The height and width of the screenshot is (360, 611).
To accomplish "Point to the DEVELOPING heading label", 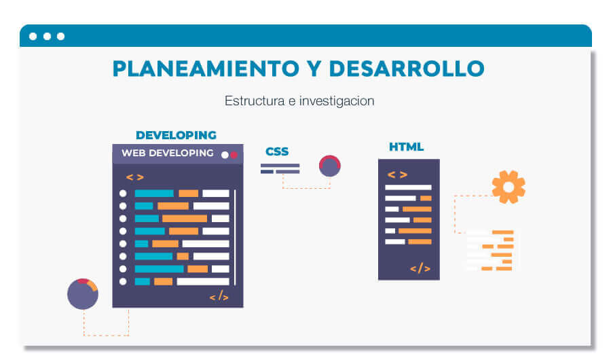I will (x=176, y=135).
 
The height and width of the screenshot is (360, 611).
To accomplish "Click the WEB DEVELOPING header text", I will (x=167, y=154).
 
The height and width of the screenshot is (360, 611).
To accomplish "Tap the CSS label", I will (x=277, y=151).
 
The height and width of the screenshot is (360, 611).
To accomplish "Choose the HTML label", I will (x=406, y=147).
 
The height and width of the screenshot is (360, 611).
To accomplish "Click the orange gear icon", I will (x=508, y=187).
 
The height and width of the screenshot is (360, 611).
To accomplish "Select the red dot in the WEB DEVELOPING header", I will (x=234, y=155).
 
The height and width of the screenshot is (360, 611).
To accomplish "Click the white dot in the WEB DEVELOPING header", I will (x=225, y=155).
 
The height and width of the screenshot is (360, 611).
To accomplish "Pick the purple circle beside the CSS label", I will (x=330, y=166).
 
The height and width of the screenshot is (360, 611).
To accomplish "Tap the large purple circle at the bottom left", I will (x=83, y=294).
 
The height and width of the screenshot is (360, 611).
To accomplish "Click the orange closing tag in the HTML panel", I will (x=420, y=268).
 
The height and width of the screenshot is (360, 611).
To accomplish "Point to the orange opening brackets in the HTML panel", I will (x=398, y=175).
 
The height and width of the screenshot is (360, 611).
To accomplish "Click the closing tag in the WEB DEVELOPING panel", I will (x=219, y=297).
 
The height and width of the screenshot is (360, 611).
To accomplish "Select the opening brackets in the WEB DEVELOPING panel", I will (x=135, y=177).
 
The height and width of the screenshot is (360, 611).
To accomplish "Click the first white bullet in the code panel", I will (x=123, y=194).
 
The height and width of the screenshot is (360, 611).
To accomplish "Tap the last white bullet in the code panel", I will (x=123, y=281).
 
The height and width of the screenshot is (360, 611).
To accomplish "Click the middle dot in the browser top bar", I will (x=47, y=36).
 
